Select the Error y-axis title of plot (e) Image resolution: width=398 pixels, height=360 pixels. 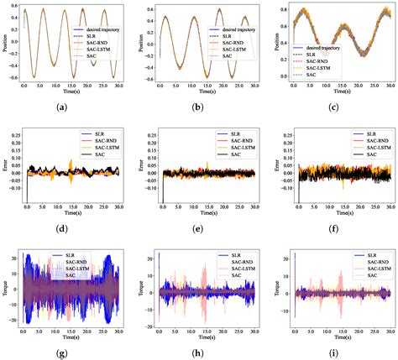click(x=139, y=165)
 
